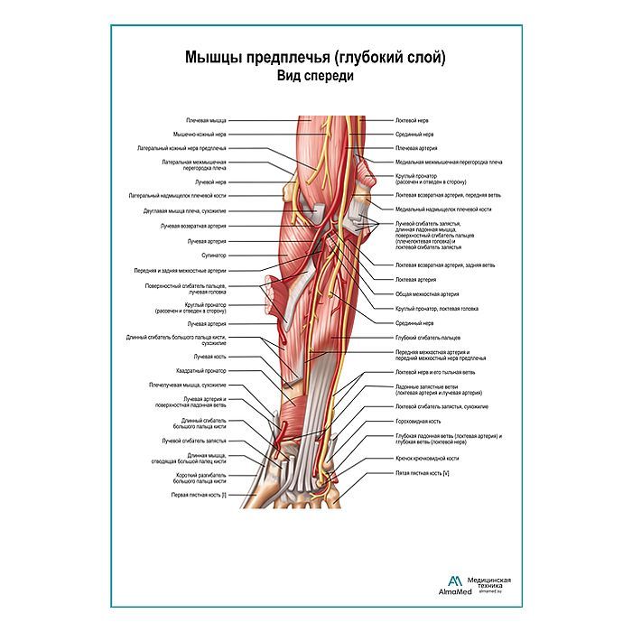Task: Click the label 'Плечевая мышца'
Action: [207, 119]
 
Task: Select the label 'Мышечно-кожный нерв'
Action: [200, 134]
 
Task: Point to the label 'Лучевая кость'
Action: [213, 357]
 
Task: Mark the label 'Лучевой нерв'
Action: [210, 181]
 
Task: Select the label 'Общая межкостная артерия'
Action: [427, 293]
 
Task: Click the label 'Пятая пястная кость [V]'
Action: [423, 473]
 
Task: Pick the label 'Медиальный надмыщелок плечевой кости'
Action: [443, 209]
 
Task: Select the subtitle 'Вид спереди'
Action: [315, 78]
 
